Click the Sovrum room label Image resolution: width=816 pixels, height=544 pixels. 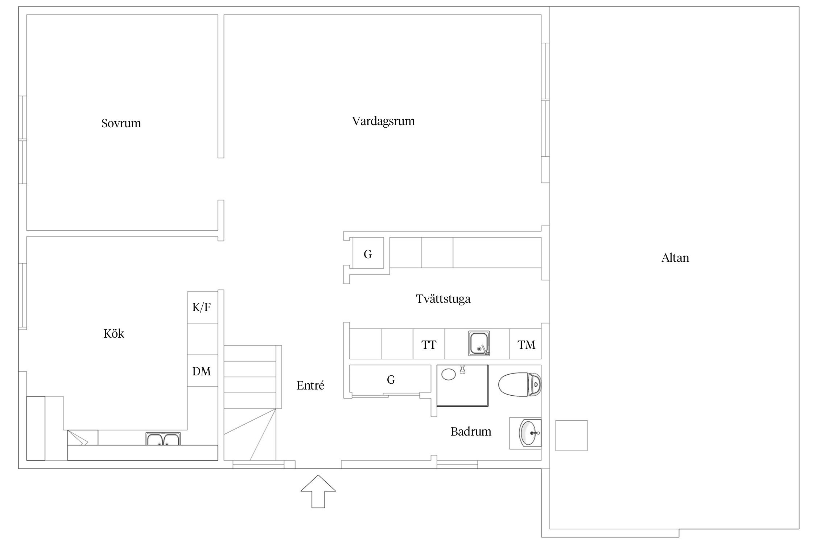pos(121,123)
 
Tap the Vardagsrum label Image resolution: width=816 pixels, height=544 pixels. pos(383,121)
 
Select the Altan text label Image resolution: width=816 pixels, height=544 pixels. pos(675,258)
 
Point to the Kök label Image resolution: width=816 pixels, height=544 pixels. pos(114,333)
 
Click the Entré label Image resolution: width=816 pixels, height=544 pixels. pos(310,385)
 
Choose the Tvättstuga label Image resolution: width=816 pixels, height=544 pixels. pos(443,299)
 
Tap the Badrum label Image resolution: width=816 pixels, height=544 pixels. pos(471,432)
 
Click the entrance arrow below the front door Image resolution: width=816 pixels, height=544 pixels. pos(318,491)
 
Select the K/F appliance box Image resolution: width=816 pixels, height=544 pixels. pos(202,307)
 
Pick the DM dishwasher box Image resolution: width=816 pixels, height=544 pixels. pos(202,371)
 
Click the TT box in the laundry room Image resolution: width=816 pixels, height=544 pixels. pos(429,344)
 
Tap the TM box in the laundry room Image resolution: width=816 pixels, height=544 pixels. pos(526,344)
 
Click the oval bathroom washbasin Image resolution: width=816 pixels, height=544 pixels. pos(530,433)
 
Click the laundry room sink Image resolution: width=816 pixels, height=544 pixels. pos(479,343)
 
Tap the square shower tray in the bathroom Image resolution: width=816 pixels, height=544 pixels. pos(462,385)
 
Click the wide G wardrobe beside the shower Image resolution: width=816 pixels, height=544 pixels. pos(390,379)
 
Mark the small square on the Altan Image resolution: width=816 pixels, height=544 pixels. pos(571,436)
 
